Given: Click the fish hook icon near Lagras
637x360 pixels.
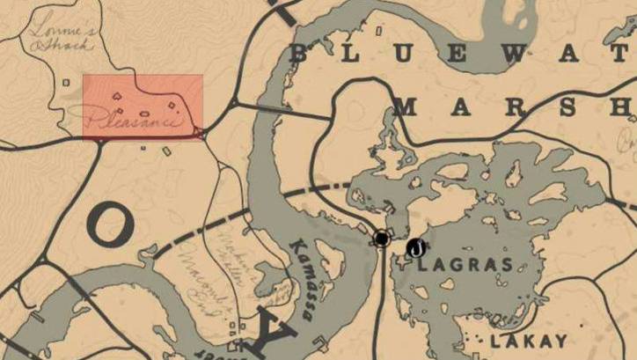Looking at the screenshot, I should click(x=415, y=247).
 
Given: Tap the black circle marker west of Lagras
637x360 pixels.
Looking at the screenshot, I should click(x=382, y=239).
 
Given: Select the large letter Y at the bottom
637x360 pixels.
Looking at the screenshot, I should click(x=276, y=332).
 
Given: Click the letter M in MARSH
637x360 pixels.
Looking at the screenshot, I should click(x=406, y=107).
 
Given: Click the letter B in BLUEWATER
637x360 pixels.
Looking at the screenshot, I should click(x=299, y=54).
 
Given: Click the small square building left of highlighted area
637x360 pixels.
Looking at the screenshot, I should click(x=66, y=84).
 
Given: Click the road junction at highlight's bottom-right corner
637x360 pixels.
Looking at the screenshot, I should click(x=203, y=134).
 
